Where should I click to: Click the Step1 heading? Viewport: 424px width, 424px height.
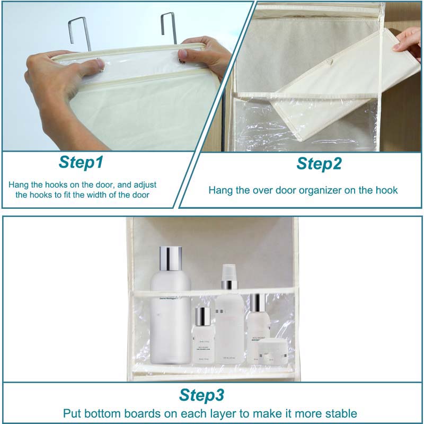(81, 162)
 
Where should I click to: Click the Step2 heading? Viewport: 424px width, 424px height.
(318, 163)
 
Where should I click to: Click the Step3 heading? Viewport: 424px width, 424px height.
(201, 395)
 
